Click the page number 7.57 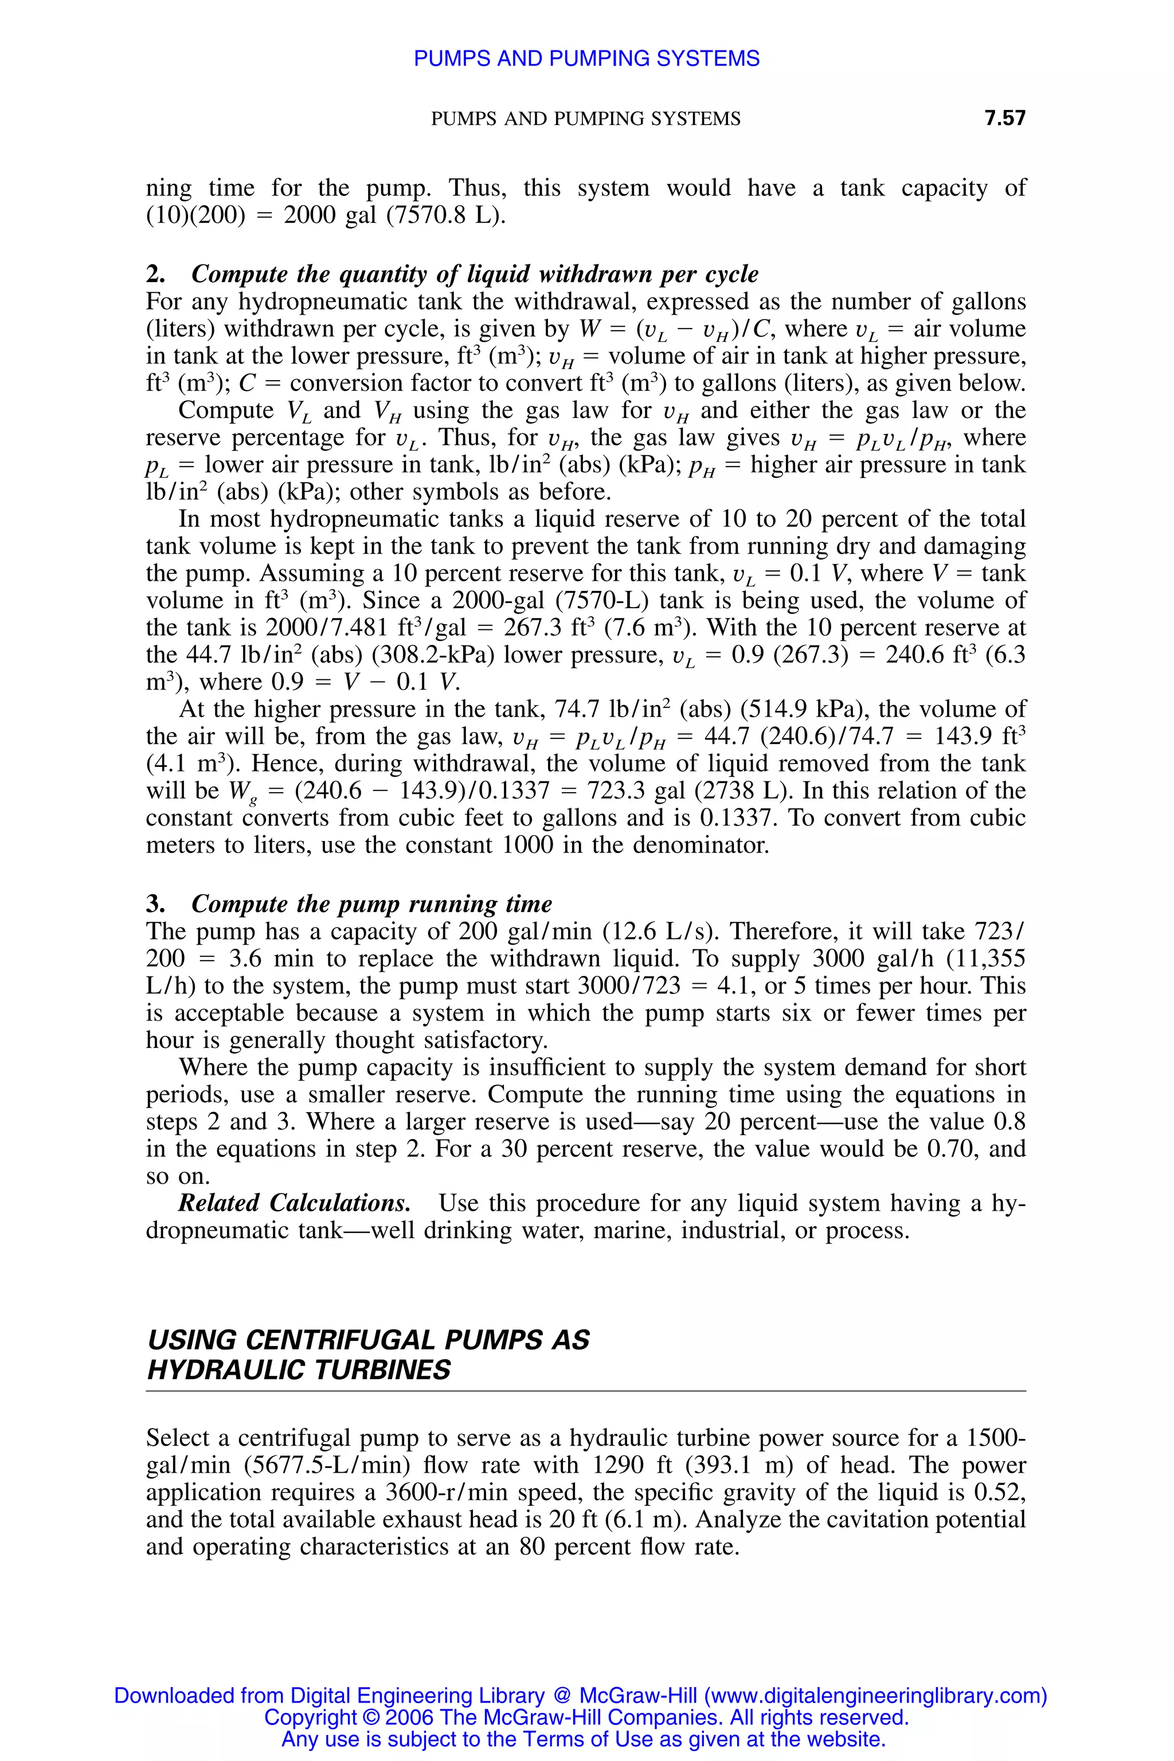click(1005, 118)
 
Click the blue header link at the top click(586, 58)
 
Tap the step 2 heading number click(155, 274)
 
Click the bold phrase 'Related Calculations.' click(294, 1203)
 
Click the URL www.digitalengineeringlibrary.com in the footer click(875, 1695)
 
